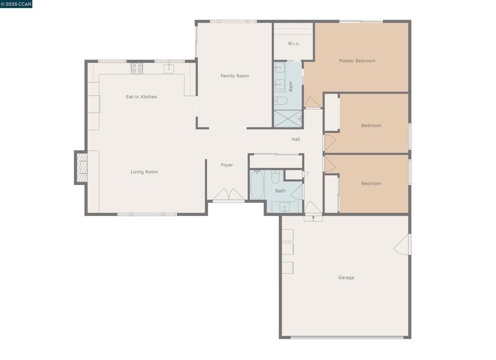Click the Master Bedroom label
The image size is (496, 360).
point(356,61)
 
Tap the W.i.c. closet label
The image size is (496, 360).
point(294,44)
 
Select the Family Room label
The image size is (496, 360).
point(234,76)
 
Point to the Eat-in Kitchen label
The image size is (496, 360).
point(141,97)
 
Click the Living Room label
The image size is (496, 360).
point(144,172)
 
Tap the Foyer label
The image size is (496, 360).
point(227,165)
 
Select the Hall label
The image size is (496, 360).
point(295,140)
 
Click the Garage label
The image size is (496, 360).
point(346,278)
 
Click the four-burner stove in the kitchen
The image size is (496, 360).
point(137,68)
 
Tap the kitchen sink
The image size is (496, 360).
point(169,68)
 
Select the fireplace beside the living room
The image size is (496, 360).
point(81,168)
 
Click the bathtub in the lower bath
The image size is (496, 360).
point(257,185)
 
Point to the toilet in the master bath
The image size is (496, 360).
point(280,101)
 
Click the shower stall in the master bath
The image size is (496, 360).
point(287,118)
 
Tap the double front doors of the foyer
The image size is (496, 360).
point(229,195)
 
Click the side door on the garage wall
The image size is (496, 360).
point(403,245)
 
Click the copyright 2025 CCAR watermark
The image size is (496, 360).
point(16,4)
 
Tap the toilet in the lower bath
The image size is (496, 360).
point(275,177)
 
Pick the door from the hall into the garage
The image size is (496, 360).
point(313,209)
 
